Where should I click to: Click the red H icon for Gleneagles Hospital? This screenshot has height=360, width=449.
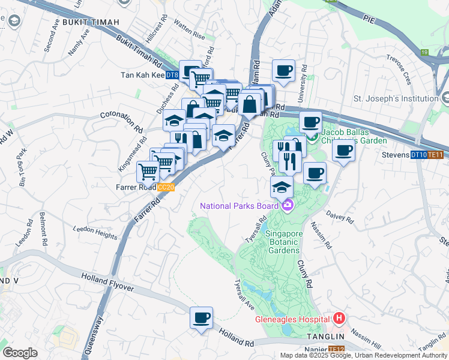click(x=339, y=318)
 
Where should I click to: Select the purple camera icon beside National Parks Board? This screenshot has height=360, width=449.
click(x=288, y=206)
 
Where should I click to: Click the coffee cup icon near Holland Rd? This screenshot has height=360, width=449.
click(x=202, y=317)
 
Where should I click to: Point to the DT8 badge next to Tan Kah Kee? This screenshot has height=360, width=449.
click(x=172, y=75)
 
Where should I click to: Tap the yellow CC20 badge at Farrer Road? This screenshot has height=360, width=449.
click(x=166, y=187)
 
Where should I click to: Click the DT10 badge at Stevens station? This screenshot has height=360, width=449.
click(x=418, y=155)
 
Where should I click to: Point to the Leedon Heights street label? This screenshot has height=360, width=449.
click(x=95, y=232)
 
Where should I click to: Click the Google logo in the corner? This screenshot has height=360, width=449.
click(x=20, y=353)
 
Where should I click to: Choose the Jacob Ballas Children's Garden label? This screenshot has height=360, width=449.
click(x=354, y=136)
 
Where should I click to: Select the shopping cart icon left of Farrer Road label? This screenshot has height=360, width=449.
click(x=148, y=172)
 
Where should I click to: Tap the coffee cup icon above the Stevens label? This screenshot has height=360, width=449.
click(x=343, y=150)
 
